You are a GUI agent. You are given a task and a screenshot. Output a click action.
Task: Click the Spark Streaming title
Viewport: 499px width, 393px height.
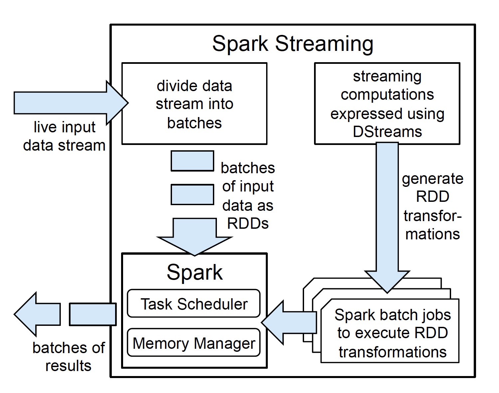coord(293,44)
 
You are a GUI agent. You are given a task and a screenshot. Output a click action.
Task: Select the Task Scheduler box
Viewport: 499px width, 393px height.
coord(194,303)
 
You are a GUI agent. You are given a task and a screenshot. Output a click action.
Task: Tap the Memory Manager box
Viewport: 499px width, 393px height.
coord(194,342)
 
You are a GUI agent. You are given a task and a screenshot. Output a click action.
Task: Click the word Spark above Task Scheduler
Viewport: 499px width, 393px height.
coord(195,273)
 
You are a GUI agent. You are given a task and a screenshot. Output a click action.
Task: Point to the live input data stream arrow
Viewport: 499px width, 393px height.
coord(71,103)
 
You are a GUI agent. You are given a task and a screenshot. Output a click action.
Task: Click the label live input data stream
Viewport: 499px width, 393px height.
coord(64,136)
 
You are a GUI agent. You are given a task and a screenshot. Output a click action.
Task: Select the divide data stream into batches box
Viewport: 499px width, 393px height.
coord(195,104)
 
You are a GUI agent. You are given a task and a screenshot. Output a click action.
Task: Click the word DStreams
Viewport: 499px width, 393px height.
coord(387,132)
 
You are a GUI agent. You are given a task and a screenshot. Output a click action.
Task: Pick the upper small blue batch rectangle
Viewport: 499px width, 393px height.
coord(192,161)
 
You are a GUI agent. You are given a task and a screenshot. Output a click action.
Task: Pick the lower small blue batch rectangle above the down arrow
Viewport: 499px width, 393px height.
coord(192,195)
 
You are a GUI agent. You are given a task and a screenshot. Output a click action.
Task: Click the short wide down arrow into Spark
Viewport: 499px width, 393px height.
coord(195,237)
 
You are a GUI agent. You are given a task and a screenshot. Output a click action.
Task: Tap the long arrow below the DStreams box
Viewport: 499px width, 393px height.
coord(387,218)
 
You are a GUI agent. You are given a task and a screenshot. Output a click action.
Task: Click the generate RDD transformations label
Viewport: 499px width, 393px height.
coord(432,206)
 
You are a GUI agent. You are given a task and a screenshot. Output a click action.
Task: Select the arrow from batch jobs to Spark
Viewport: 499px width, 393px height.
coord(289,322)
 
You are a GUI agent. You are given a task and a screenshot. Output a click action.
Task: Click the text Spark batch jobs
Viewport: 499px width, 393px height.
coord(392,315)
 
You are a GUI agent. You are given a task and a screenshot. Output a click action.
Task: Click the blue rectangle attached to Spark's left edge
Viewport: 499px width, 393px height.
coord(93,314)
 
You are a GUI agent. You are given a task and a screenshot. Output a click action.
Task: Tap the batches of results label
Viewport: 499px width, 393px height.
coord(69,357)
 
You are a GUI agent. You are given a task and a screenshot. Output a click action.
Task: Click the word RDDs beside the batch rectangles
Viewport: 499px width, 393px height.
coord(248,223)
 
